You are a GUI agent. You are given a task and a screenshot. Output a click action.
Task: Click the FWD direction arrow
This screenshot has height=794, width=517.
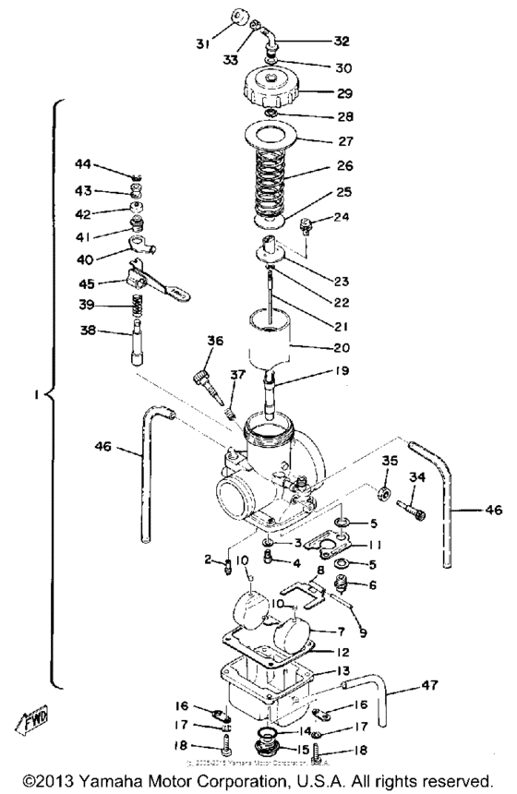(42, 717)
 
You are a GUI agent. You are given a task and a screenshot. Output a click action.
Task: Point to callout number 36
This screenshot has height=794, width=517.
(214, 341)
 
